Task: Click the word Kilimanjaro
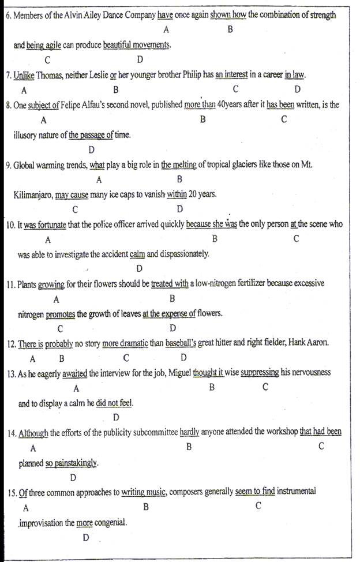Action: [x=32, y=195]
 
